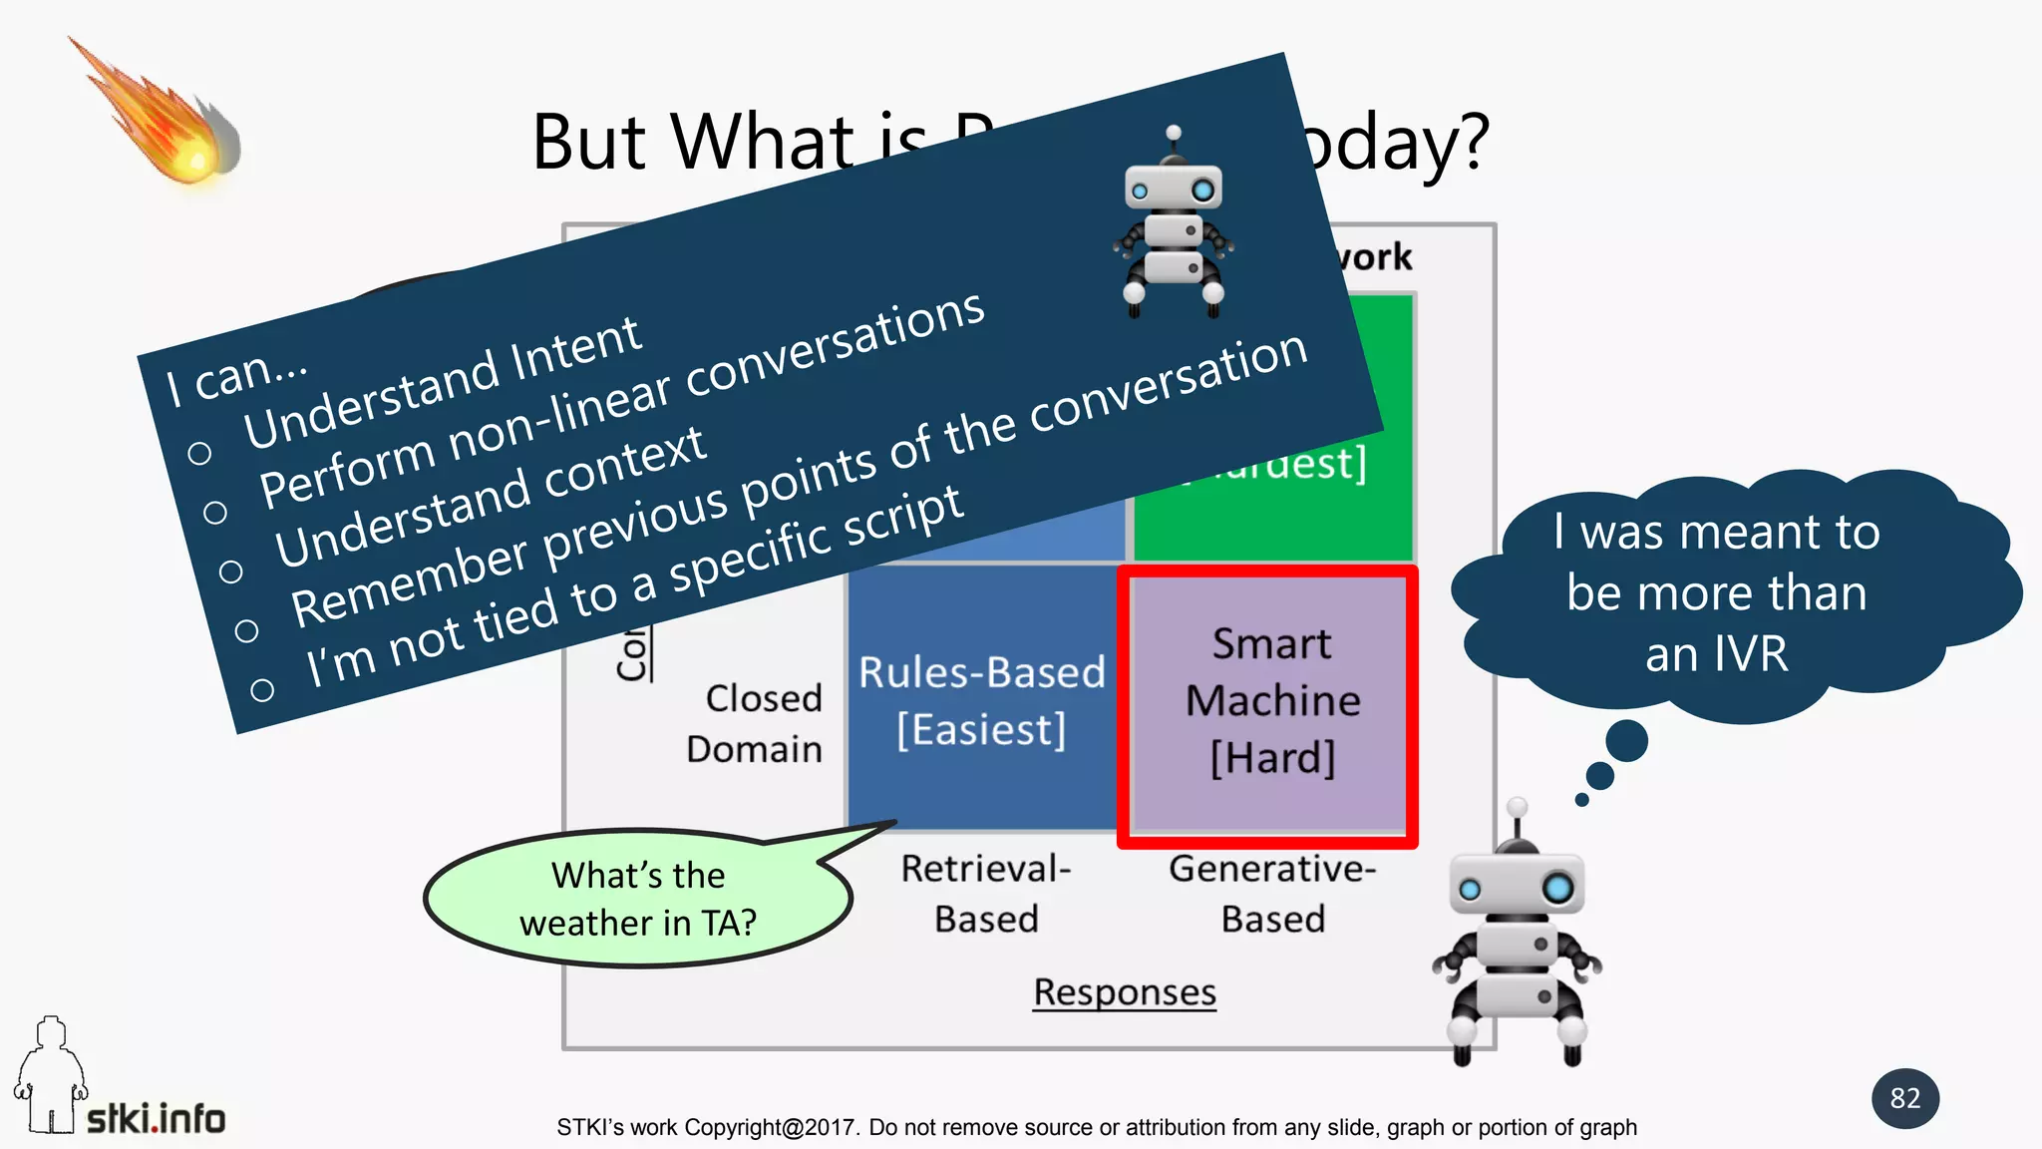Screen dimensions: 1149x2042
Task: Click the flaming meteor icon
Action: coord(170,125)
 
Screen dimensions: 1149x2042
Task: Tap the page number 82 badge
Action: coord(1904,1098)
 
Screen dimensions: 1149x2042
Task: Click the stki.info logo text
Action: coord(157,1118)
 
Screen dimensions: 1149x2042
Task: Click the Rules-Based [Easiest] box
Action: coord(982,699)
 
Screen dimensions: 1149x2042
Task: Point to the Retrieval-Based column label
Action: coord(986,893)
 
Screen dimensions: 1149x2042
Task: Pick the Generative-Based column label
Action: coord(1272,893)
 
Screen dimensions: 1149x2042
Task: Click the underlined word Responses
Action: coord(1124,991)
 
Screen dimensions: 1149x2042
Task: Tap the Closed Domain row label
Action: coord(755,723)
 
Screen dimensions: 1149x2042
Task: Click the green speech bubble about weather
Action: coord(638,898)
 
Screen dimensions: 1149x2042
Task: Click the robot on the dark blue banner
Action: coord(1173,224)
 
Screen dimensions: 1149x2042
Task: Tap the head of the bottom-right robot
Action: coord(1516,883)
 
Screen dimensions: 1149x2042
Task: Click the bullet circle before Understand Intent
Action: coord(199,454)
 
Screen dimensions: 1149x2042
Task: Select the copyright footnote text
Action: coord(1096,1127)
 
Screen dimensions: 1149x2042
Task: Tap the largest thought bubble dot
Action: coord(1626,741)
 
